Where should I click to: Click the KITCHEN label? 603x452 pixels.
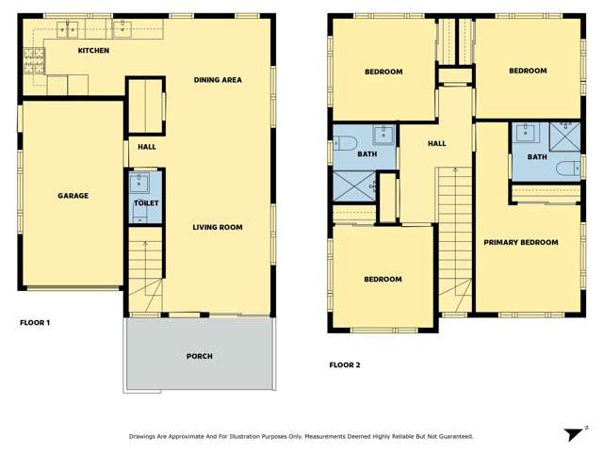click(x=93, y=50)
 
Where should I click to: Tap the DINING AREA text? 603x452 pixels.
click(x=218, y=80)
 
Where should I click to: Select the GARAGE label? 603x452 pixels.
click(x=73, y=196)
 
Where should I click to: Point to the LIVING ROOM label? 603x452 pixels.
click(x=218, y=227)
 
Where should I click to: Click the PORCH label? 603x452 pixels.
click(x=199, y=356)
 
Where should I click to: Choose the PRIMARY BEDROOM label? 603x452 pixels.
click(x=521, y=242)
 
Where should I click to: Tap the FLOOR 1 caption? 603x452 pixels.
click(x=35, y=323)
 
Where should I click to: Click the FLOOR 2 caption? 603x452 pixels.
click(x=344, y=364)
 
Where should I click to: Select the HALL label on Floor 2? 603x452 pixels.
click(x=436, y=143)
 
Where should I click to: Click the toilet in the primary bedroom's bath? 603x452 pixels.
click(x=566, y=169)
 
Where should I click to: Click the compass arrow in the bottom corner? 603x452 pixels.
click(x=572, y=434)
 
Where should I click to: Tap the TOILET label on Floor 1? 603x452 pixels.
click(x=145, y=203)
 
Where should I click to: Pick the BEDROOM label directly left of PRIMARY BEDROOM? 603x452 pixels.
click(x=383, y=279)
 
